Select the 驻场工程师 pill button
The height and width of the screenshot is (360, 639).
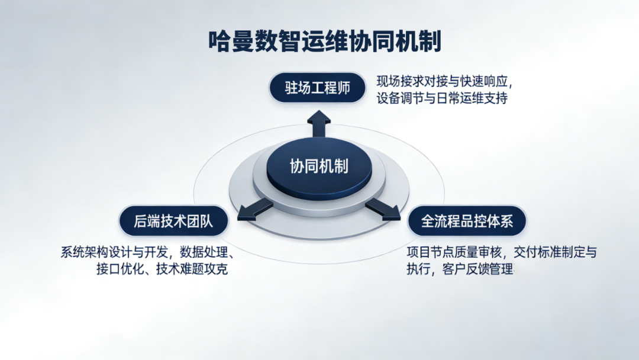pyautogui.click(x=317, y=88)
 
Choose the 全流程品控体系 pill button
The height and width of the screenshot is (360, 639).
pyautogui.click(x=467, y=221)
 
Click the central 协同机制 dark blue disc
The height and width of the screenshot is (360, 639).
pyautogui.click(x=319, y=166)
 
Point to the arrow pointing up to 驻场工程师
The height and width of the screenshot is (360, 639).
pyautogui.click(x=319, y=123)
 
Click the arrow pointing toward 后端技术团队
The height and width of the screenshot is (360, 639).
pyautogui.click(x=255, y=210)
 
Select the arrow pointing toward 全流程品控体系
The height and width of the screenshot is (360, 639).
pyautogui.click(x=383, y=210)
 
